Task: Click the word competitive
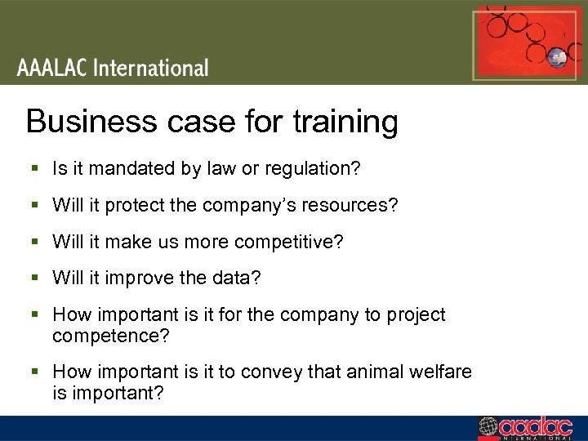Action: point(292,243)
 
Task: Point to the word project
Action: point(416,315)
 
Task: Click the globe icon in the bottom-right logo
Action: point(488,427)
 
